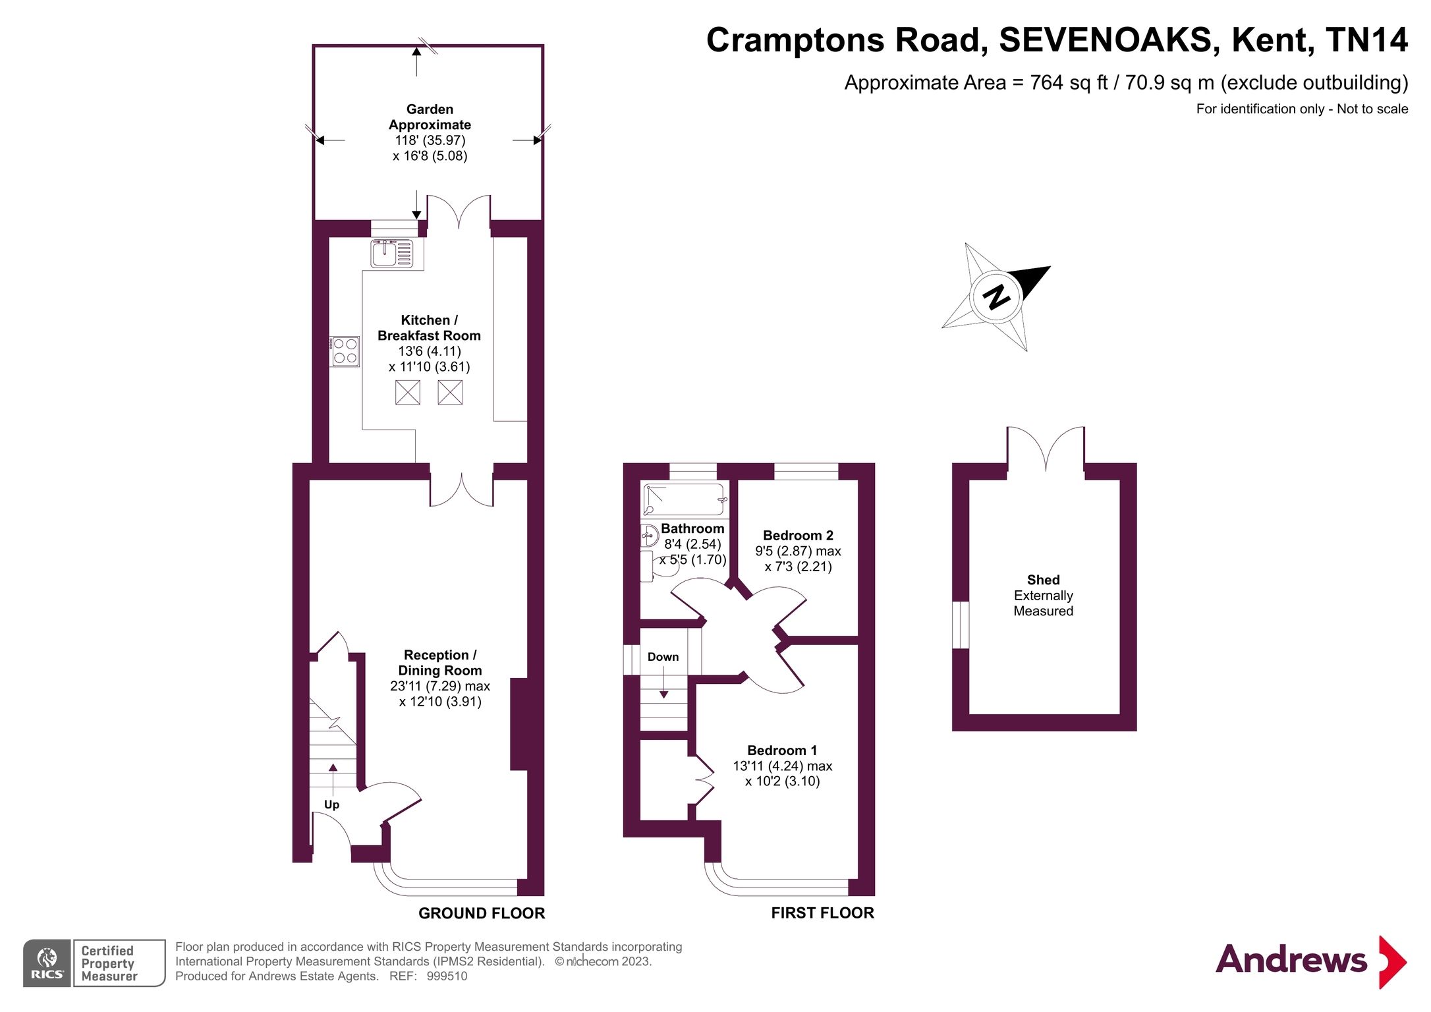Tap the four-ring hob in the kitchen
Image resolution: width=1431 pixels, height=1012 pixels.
345,351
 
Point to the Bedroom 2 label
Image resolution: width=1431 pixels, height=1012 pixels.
798,536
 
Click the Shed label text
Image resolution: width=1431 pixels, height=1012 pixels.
1043,580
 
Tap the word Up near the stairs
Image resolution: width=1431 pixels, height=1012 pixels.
331,804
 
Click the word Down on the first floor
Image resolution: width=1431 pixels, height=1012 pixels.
663,657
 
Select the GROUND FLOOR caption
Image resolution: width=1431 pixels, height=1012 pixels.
482,913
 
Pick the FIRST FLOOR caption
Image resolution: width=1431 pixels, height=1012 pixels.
822,913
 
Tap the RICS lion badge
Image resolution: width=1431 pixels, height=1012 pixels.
47,963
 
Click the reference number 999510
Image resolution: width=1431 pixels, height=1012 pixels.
447,976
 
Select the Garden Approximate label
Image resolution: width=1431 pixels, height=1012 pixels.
430,117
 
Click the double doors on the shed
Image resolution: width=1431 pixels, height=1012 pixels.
1046,449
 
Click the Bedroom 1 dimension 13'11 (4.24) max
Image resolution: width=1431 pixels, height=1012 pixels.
782,766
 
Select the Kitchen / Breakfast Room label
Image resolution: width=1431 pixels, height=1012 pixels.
429,328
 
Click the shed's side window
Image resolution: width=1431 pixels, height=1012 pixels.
961,625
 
